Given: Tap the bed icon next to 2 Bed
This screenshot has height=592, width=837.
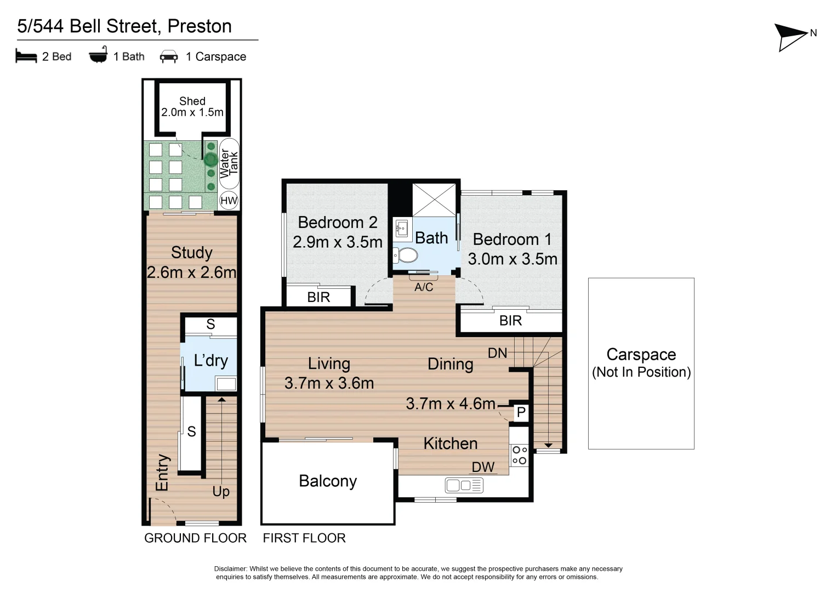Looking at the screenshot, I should [x=26, y=56].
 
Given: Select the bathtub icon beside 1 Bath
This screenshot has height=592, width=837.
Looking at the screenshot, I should [x=98, y=56].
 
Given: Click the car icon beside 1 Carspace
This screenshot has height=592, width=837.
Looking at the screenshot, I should [x=168, y=57].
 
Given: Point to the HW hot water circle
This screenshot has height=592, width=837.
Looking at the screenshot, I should [x=229, y=201].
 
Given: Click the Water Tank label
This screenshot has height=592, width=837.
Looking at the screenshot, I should [x=229, y=163].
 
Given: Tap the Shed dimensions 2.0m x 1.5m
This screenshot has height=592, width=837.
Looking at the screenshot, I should [x=192, y=112].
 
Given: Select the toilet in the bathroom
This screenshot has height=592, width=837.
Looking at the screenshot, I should [x=406, y=255].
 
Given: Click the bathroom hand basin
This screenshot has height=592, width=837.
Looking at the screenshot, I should [x=402, y=227].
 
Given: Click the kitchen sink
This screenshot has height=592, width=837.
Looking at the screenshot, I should [x=464, y=485].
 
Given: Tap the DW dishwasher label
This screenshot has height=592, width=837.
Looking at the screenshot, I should [x=483, y=467].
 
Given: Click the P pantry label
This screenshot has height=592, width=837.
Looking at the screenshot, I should [x=521, y=412].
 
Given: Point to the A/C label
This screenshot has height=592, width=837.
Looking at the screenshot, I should [x=424, y=287].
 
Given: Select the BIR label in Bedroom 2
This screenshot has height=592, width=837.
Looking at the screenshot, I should [x=318, y=297].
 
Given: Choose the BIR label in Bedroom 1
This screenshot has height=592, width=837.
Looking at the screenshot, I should [x=510, y=321].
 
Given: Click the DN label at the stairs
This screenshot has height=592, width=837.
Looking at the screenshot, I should [x=497, y=354].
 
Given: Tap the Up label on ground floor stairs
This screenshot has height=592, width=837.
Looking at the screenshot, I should [x=221, y=492].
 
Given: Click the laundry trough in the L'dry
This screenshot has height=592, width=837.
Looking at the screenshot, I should [x=225, y=384].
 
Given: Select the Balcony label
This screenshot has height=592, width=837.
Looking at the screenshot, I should [x=328, y=481].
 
